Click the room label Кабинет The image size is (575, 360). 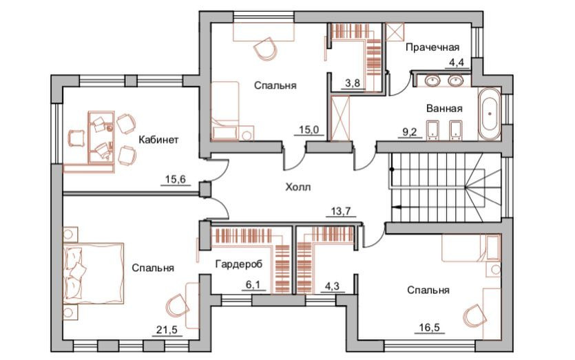pyautogui.click(x=158, y=140)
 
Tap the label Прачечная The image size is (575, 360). pyautogui.click(x=432, y=47)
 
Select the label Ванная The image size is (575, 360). pyautogui.click(x=443, y=109)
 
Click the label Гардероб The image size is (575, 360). pyautogui.click(x=237, y=264)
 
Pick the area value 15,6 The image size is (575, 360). pyautogui.click(x=175, y=180)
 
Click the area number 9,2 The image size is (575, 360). pyautogui.click(x=409, y=132)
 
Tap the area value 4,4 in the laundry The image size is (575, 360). pyautogui.click(x=457, y=63)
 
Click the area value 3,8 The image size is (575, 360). pyautogui.click(x=353, y=83)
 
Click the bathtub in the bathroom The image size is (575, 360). pyautogui.click(x=490, y=114)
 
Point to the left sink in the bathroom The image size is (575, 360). pyautogui.click(x=434, y=81)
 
